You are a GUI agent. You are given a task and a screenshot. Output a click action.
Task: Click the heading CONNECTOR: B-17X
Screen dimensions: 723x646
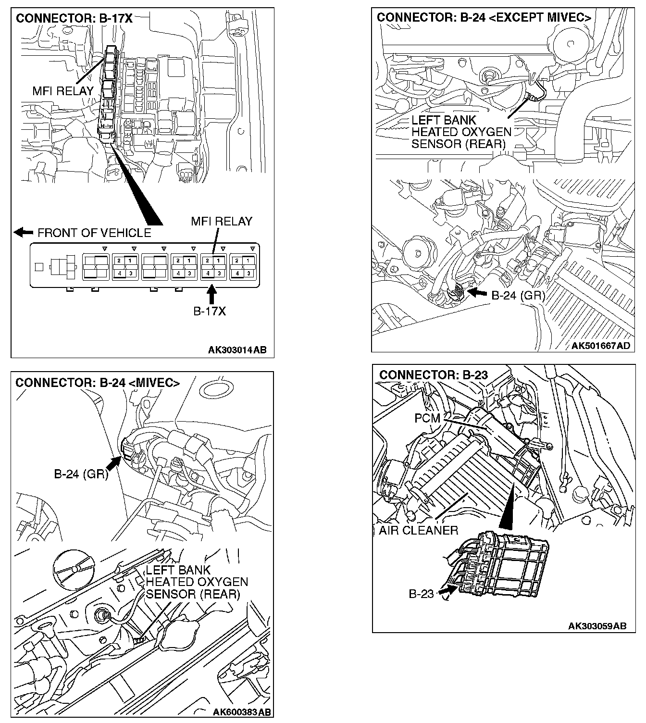pos(74,19)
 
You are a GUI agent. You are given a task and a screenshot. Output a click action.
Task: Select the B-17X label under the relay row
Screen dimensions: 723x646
pos(210,311)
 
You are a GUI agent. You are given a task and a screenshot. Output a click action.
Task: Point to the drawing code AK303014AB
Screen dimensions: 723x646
pos(237,350)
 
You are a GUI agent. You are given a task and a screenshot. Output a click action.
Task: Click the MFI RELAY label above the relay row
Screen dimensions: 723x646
pos(222,221)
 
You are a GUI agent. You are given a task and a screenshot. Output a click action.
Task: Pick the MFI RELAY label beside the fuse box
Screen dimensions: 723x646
pos(63,90)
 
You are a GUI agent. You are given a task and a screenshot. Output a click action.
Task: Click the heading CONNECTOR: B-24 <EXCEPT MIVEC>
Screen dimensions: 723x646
pos(484,18)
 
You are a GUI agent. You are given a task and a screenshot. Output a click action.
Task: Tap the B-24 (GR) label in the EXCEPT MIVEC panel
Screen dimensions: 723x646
pos(518,295)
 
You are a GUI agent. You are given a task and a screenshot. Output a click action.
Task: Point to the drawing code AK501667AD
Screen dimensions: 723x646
pos(601,346)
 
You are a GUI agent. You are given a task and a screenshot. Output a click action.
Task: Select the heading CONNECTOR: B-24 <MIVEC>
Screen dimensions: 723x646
pos(98,383)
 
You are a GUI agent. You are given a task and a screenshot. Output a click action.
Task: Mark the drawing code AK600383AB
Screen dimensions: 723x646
pos(242,712)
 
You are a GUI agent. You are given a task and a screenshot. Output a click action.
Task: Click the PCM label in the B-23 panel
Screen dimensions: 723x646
pos(427,418)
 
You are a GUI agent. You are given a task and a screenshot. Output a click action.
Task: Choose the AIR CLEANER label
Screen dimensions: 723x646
pos(418,530)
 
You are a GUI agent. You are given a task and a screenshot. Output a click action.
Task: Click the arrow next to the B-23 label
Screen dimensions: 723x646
pos(447,589)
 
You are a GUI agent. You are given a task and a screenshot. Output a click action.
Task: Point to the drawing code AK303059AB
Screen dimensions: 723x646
pos(597,626)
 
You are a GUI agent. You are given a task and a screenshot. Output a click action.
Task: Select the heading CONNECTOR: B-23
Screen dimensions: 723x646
pos(434,375)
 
